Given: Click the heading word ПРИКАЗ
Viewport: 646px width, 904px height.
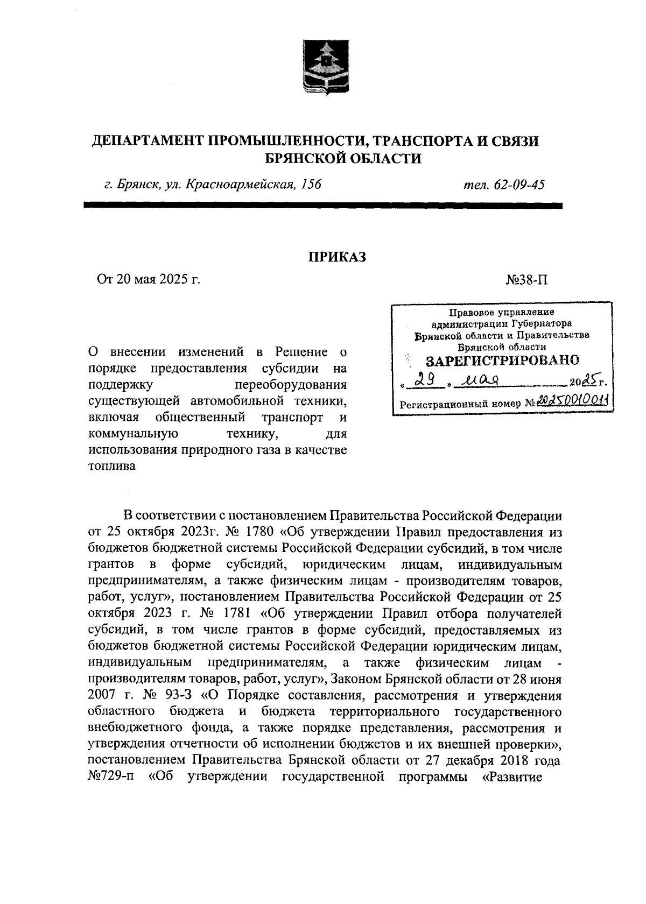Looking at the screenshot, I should pyautogui.click(x=336, y=257).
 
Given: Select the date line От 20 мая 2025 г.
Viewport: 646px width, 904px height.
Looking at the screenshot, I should pyautogui.click(x=148, y=279).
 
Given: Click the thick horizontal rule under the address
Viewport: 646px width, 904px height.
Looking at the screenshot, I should pyautogui.click(x=322, y=205).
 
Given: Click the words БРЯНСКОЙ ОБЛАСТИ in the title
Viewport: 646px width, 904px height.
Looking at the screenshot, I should pyautogui.click(x=344, y=158).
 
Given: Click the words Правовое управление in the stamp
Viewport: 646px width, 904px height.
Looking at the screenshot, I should pyautogui.click(x=502, y=313).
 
